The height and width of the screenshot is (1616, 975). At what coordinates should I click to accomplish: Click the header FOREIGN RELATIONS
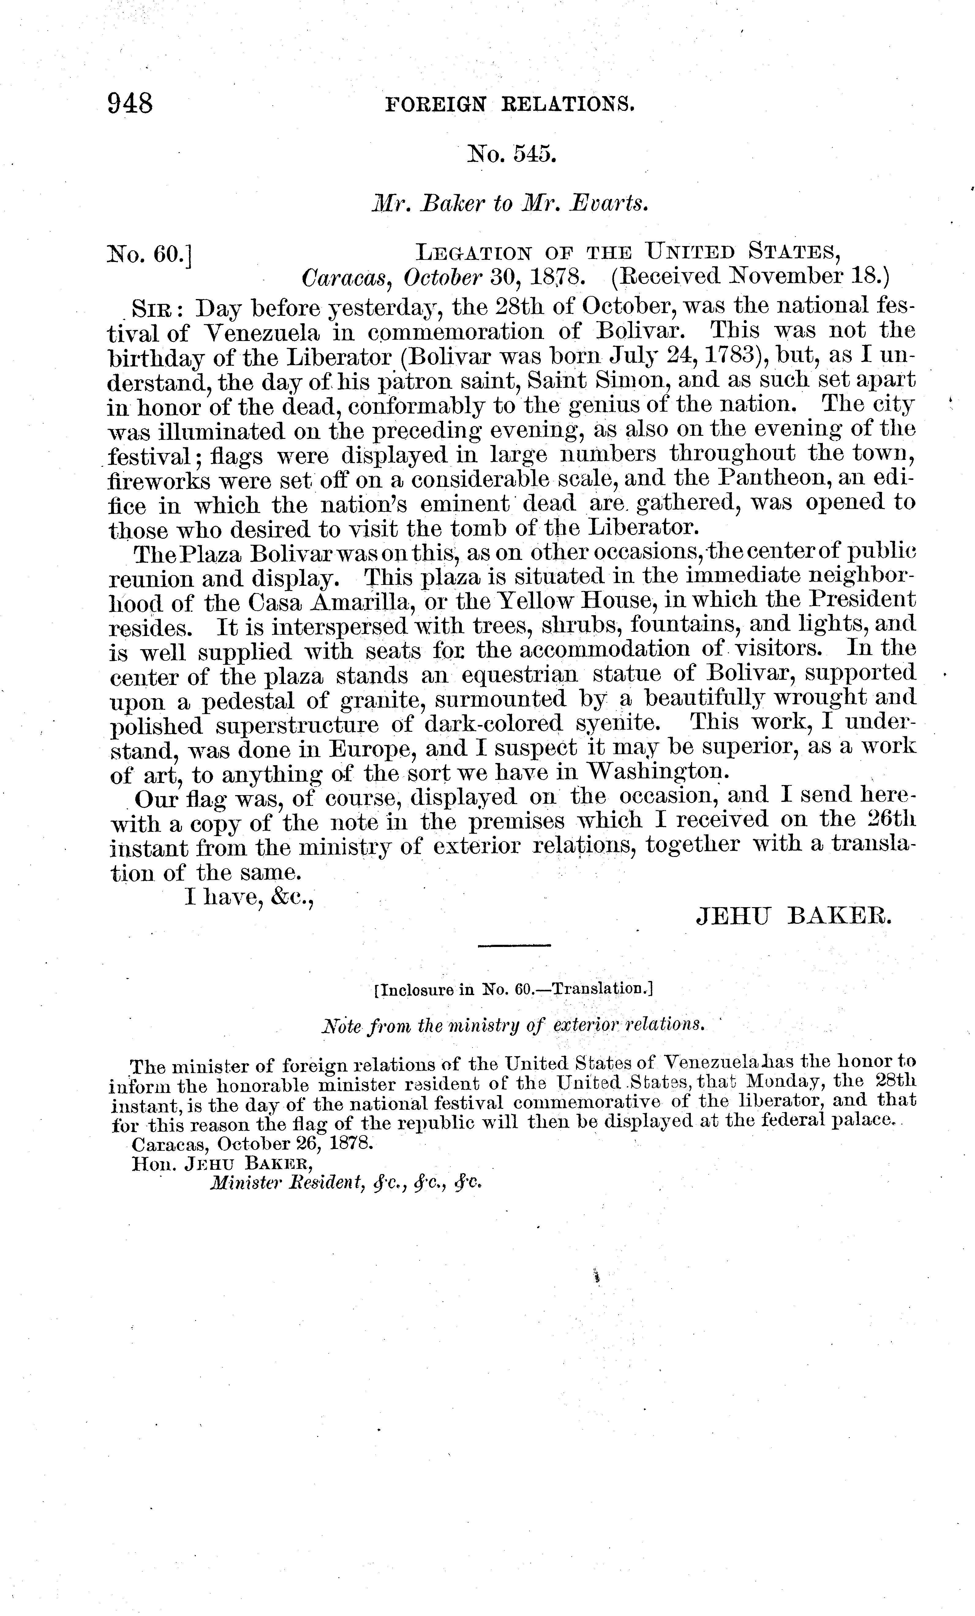509,104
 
